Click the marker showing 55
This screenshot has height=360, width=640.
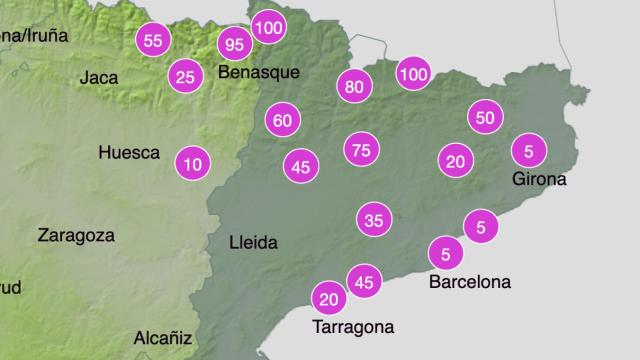pyautogui.click(x=152, y=41)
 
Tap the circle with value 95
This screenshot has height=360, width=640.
pyautogui.click(x=235, y=45)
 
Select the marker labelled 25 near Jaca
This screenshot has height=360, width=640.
pyautogui.click(x=183, y=76)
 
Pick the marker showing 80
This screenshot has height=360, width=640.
pyautogui.click(x=353, y=87)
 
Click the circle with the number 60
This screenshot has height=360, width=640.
pyautogui.click(x=283, y=121)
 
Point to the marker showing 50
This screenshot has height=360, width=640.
pyautogui.click(x=485, y=118)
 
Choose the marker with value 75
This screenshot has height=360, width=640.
pyautogui.click(x=362, y=151)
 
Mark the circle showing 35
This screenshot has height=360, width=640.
pyautogui.click(x=374, y=219)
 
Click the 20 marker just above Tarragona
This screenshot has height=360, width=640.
pyautogui.click(x=329, y=298)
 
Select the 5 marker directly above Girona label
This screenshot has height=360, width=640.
pyautogui.click(x=528, y=151)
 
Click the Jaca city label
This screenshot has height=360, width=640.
pyautogui.click(x=99, y=77)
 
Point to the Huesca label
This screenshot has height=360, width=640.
pyautogui.click(x=129, y=153)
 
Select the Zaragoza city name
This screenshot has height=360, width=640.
pyautogui.click(x=76, y=236)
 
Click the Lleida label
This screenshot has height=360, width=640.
pyautogui.click(x=253, y=242)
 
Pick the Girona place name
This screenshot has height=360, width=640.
pyautogui.click(x=538, y=180)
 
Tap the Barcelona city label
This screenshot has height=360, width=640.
pyautogui.click(x=469, y=282)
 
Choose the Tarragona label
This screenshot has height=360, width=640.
pyautogui.click(x=353, y=327)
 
